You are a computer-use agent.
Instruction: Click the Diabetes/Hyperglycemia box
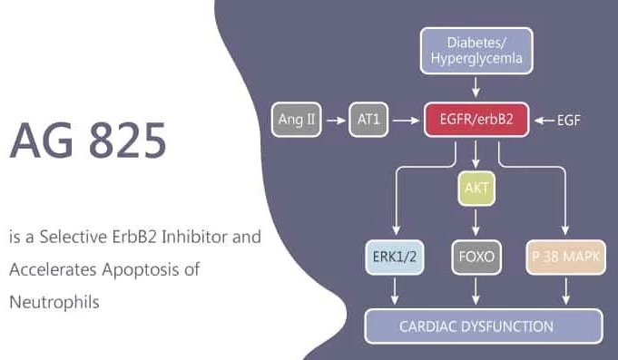click(x=476, y=50)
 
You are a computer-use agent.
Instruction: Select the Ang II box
click(x=297, y=120)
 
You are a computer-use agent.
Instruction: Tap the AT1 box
click(x=368, y=120)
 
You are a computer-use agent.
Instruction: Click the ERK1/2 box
click(x=395, y=258)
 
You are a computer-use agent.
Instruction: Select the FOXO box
click(x=476, y=258)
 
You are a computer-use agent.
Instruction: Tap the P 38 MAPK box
click(x=566, y=258)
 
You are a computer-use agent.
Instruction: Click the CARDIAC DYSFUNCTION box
click(x=483, y=326)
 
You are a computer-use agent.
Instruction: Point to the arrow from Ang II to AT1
click(x=335, y=120)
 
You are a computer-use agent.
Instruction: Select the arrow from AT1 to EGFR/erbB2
click(x=405, y=120)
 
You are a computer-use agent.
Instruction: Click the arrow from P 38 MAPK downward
click(x=566, y=291)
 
